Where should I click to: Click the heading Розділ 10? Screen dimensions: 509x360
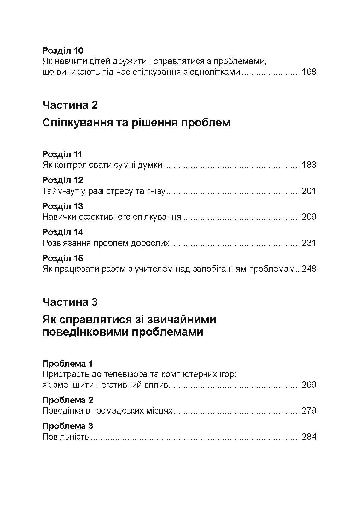(x=62, y=51)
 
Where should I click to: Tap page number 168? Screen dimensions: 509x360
(x=309, y=72)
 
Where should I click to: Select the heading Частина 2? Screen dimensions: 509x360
(x=70, y=105)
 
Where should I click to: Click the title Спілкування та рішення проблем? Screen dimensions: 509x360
(x=136, y=123)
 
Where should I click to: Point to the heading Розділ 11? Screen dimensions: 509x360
(x=62, y=154)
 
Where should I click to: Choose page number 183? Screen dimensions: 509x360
(x=309, y=165)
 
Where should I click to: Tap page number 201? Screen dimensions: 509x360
(x=309, y=191)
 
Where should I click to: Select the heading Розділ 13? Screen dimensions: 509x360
(x=62, y=206)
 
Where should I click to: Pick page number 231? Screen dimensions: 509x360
(x=309, y=243)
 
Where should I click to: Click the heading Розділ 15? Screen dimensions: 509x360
(x=62, y=258)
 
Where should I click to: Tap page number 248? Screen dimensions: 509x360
(x=309, y=269)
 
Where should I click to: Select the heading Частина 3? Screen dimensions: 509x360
(x=70, y=302)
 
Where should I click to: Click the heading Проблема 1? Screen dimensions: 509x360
(x=67, y=364)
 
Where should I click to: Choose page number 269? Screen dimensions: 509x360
(x=309, y=385)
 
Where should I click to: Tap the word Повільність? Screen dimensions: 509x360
(x=66, y=437)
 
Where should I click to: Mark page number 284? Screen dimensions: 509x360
(x=309, y=437)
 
